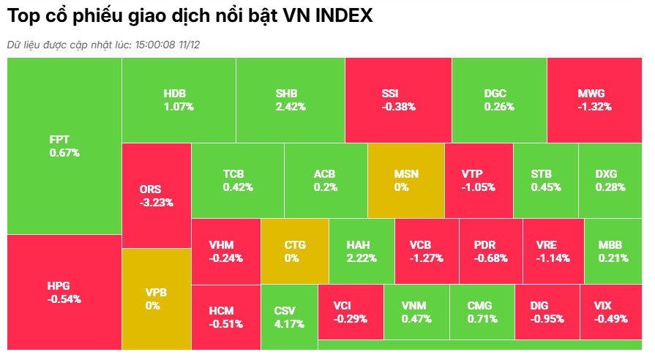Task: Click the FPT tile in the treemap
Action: tap(64, 146)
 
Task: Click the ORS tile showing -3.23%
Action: tap(156, 195)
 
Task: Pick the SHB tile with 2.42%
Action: tap(290, 100)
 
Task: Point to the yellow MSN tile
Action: tap(405, 180)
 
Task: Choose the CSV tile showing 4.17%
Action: tap(288, 317)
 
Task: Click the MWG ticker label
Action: tap(592, 94)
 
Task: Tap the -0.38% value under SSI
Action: tap(398, 106)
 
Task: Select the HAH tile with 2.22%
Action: tap(361, 251)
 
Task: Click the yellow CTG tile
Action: tap(294, 251)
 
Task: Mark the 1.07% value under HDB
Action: tap(179, 106)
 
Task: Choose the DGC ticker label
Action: tap(498, 94)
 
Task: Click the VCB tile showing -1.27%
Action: tap(426, 251)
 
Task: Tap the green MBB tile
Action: tap(613, 251)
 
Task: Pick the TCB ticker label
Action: tap(237, 174)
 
